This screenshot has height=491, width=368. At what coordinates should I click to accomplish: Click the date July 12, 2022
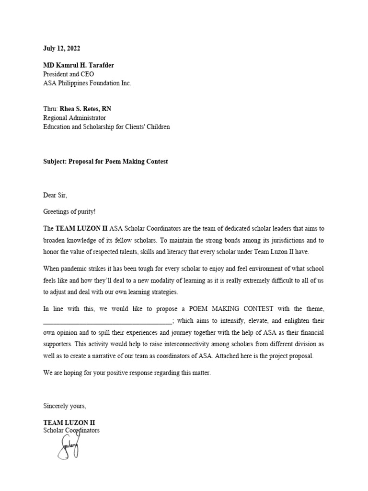click(x=62, y=48)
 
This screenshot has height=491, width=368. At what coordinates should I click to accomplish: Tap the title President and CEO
click(x=69, y=74)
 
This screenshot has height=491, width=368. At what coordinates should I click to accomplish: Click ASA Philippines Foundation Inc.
click(x=87, y=83)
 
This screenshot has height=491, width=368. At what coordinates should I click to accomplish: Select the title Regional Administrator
click(x=74, y=118)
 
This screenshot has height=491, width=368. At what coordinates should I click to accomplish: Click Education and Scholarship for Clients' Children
click(x=106, y=127)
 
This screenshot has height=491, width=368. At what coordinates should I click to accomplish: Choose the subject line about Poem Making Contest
click(x=105, y=162)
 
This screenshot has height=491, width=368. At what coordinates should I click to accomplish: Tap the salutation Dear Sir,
click(x=55, y=196)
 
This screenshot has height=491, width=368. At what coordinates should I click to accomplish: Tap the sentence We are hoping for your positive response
click(x=126, y=373)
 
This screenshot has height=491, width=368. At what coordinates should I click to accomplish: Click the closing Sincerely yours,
click(x=65, y=406)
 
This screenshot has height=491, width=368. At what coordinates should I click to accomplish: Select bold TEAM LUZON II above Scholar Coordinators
click(x=69, y=422)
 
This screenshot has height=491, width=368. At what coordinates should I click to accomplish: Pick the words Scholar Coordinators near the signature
click(x=71, y=431)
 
